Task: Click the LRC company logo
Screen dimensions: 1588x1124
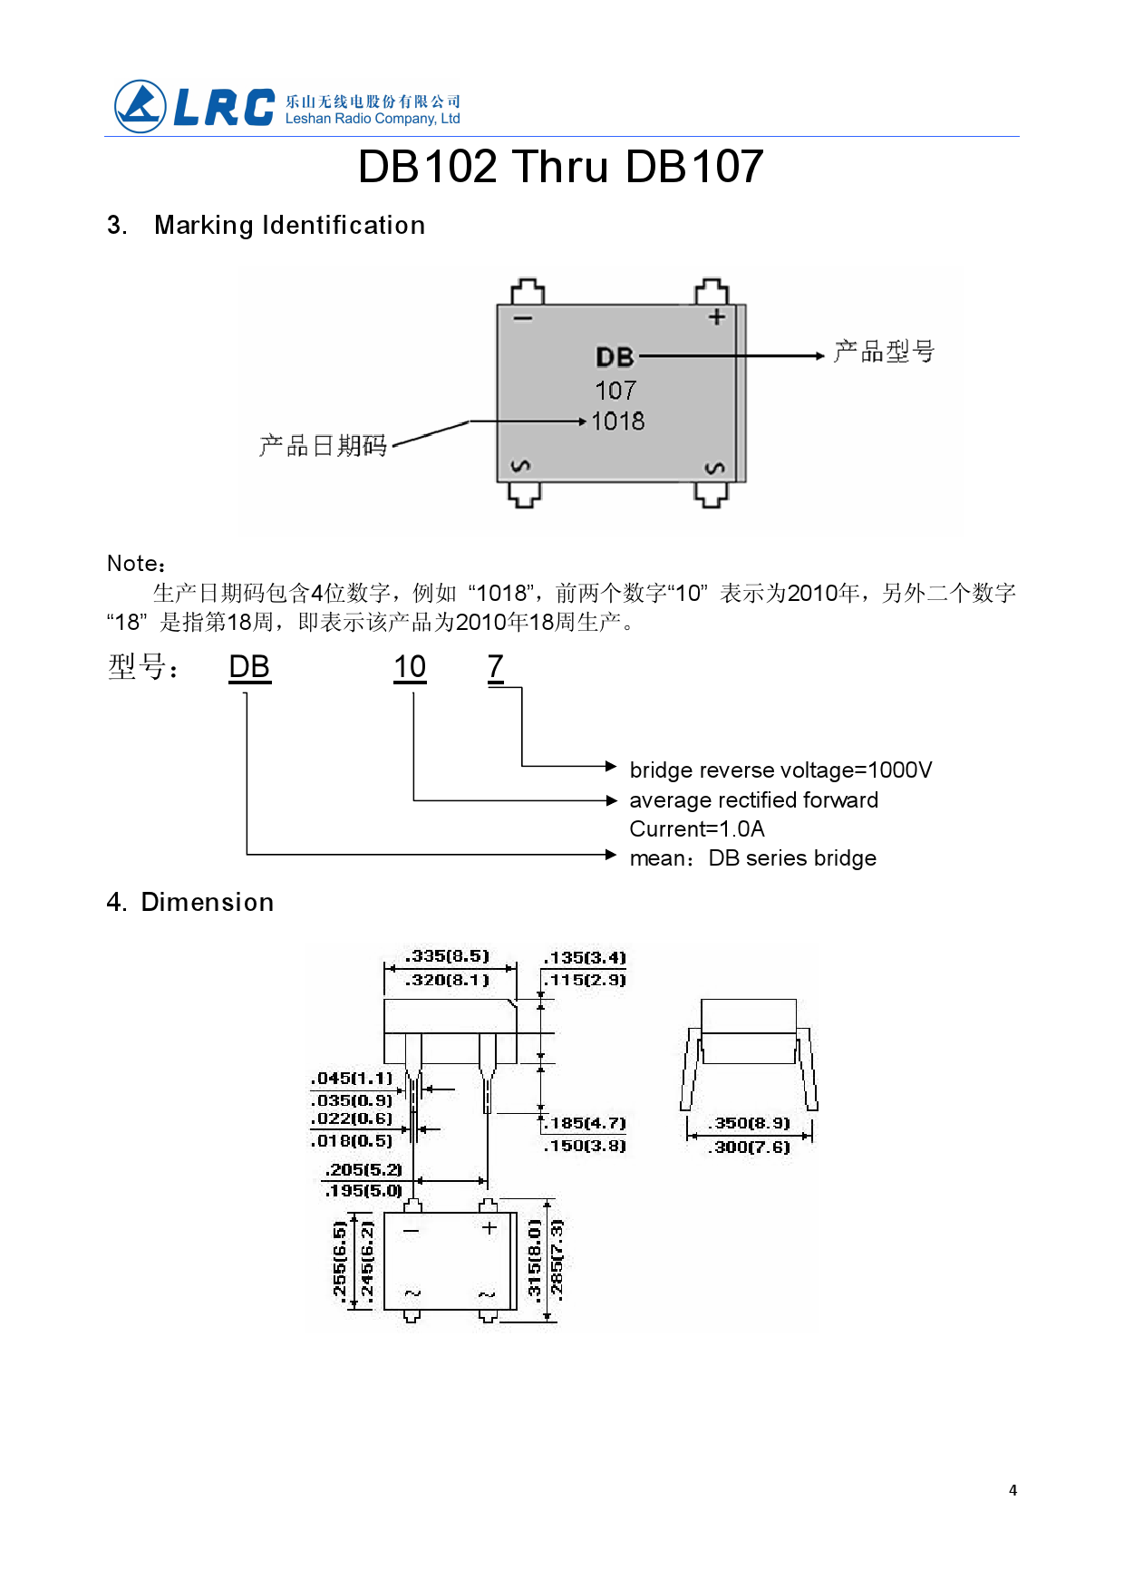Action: (x=195, y=107)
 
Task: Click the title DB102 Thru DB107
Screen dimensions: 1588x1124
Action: (x=560, y=167)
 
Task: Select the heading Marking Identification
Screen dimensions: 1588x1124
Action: (x=289, y=225)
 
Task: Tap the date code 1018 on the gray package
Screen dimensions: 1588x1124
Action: (x=617, y=421)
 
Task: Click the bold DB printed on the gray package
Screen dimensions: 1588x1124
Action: (x=615, y=357)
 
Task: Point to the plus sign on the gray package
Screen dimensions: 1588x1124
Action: (x=716, y=317)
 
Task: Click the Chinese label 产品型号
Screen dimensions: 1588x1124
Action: (x=884, y=352)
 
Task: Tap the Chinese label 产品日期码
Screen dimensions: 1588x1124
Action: (x=323, y=446)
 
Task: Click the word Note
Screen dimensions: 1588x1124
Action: (x=135, y=564)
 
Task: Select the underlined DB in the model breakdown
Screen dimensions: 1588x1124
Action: (x=249, y=667)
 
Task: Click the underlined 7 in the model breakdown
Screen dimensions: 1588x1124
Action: (x=495, y=667)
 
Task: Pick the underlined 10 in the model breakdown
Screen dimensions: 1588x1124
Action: (x=410, y=667)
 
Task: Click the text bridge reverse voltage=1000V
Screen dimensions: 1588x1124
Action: (x=780, y=770)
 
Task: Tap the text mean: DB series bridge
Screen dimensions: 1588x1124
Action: (x=752, y=858)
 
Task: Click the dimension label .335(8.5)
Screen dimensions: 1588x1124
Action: (x=448, y=956)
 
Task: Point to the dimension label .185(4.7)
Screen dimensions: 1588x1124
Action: (x=586, y=1123)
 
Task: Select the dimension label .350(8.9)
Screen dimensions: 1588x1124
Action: (x=751, y=1123)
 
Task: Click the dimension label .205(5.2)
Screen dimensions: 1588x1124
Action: (x=363, y=1170)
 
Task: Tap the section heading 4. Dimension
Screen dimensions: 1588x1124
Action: (x=190, y=903)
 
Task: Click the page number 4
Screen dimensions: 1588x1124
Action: (x=1013, y=1490)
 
